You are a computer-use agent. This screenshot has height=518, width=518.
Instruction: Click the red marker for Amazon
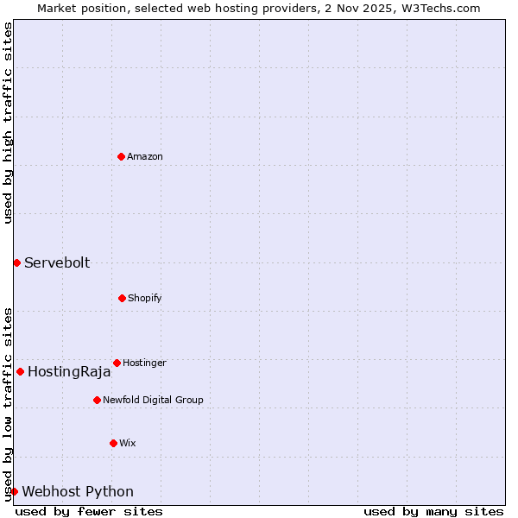click(121, 156)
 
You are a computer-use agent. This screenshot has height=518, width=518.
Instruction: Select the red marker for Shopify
click(122, 298)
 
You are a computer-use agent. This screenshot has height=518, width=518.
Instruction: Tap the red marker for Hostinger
click(117, 363)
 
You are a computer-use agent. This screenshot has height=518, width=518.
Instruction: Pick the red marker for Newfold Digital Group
click(97, 400)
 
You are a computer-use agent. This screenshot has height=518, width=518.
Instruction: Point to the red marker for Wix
click(113, 443)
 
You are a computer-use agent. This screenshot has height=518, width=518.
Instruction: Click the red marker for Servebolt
click(16, 262)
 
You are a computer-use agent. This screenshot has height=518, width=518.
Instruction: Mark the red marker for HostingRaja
click(20, 371)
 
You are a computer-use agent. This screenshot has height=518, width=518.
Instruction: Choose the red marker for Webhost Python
click(14, 491)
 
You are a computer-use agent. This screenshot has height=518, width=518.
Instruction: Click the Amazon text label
click(145, 157)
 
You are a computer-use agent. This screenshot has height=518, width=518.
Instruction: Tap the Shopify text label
click(145, 299)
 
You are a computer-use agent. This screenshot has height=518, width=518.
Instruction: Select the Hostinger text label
click(144, 363)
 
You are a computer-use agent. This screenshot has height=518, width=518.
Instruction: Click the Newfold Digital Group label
click(153, 401)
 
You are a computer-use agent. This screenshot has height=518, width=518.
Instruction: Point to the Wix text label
click(128, 444)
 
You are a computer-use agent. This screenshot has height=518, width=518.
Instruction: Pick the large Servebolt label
click(57, 263)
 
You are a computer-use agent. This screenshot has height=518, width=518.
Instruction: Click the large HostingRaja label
click(69, 372)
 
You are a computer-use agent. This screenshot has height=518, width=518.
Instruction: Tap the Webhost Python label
click(78, 492)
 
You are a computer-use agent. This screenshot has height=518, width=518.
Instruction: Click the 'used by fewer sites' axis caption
click(89, 511)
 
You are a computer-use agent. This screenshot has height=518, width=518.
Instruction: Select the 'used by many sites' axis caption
click(433, 511)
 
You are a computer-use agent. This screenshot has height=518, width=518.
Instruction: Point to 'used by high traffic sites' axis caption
click(8, 123)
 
